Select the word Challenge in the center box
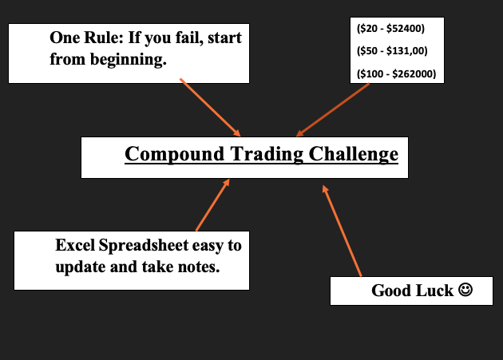pyautogui.click(x=351, y=154)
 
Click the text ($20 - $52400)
pyautogui.click(x=390, y=30)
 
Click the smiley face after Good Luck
pyautogui.click(x=465, y=291)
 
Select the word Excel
pyautogui.click(x=76, y=245)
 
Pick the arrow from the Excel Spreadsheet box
pyautogui.click(x=212, y=205)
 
